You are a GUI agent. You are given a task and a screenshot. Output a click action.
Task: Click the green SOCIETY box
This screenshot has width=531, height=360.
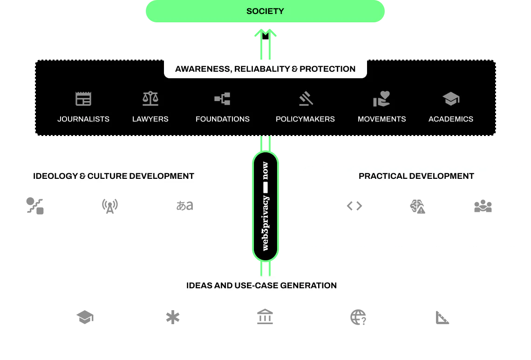click(x=265, y=11)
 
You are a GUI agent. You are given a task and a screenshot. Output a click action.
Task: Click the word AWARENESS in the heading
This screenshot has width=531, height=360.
click(x=202, y=69)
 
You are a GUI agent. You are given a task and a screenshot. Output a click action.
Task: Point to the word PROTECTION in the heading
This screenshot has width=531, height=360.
click(x=327, y=69)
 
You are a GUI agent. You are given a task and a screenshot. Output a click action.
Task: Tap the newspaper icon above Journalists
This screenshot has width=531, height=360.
click(x=83, y=99)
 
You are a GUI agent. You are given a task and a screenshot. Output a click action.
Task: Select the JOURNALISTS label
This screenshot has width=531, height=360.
click(x=83, y=119)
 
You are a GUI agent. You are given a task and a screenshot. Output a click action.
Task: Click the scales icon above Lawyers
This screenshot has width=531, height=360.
click(x=150, y=98)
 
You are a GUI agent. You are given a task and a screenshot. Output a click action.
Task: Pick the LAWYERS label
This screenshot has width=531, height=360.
click(x=150, y=119)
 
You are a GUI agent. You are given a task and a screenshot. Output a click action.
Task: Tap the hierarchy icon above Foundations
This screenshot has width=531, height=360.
click(x=223, y=98)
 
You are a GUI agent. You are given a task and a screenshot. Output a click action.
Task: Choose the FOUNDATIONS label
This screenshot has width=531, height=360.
click(x=223, y=119)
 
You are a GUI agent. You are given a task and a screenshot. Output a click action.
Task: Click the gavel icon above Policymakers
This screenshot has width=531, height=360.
click(x=306, y=98)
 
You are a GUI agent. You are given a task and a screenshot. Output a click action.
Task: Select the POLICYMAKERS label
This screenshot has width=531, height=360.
click(x=305, y=119)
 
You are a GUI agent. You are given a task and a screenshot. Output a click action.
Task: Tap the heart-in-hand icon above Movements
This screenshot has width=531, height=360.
click(x=381, y=98)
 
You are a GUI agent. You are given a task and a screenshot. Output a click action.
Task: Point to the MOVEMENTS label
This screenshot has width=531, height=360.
click(x=381, y=119)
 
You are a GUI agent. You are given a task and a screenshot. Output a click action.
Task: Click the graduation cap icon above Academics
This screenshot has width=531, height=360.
click(x=451, y=98)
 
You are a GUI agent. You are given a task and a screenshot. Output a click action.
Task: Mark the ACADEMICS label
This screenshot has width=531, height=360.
click(x=451, y=119)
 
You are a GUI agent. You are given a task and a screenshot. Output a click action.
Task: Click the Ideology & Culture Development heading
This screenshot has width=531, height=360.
click(x=114, y=176)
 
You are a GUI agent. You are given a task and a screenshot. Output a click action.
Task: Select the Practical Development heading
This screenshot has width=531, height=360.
click(x=416, y=176)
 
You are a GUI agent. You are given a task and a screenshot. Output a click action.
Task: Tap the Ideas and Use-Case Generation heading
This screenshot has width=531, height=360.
click(x=261, y=285)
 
